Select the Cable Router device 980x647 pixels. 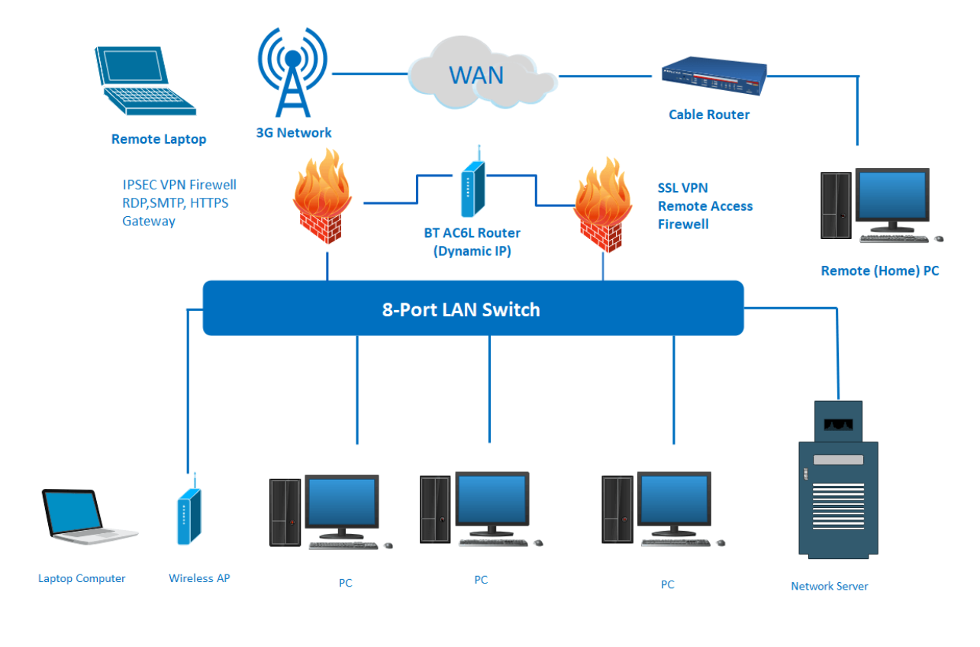point(713,76)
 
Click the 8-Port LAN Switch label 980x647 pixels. point(460,309)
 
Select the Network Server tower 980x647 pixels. point(837,481)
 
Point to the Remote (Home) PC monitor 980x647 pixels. point(891,199)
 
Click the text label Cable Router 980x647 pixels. point(709,115)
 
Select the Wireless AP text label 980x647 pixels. point(199,578)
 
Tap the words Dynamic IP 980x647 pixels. point(472,250)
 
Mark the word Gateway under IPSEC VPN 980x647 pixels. point(149,221)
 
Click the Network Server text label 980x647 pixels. point(829,586)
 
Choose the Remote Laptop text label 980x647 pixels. point(159,139)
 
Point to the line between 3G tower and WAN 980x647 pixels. point(369,73)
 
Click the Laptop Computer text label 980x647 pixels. point(82,578)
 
